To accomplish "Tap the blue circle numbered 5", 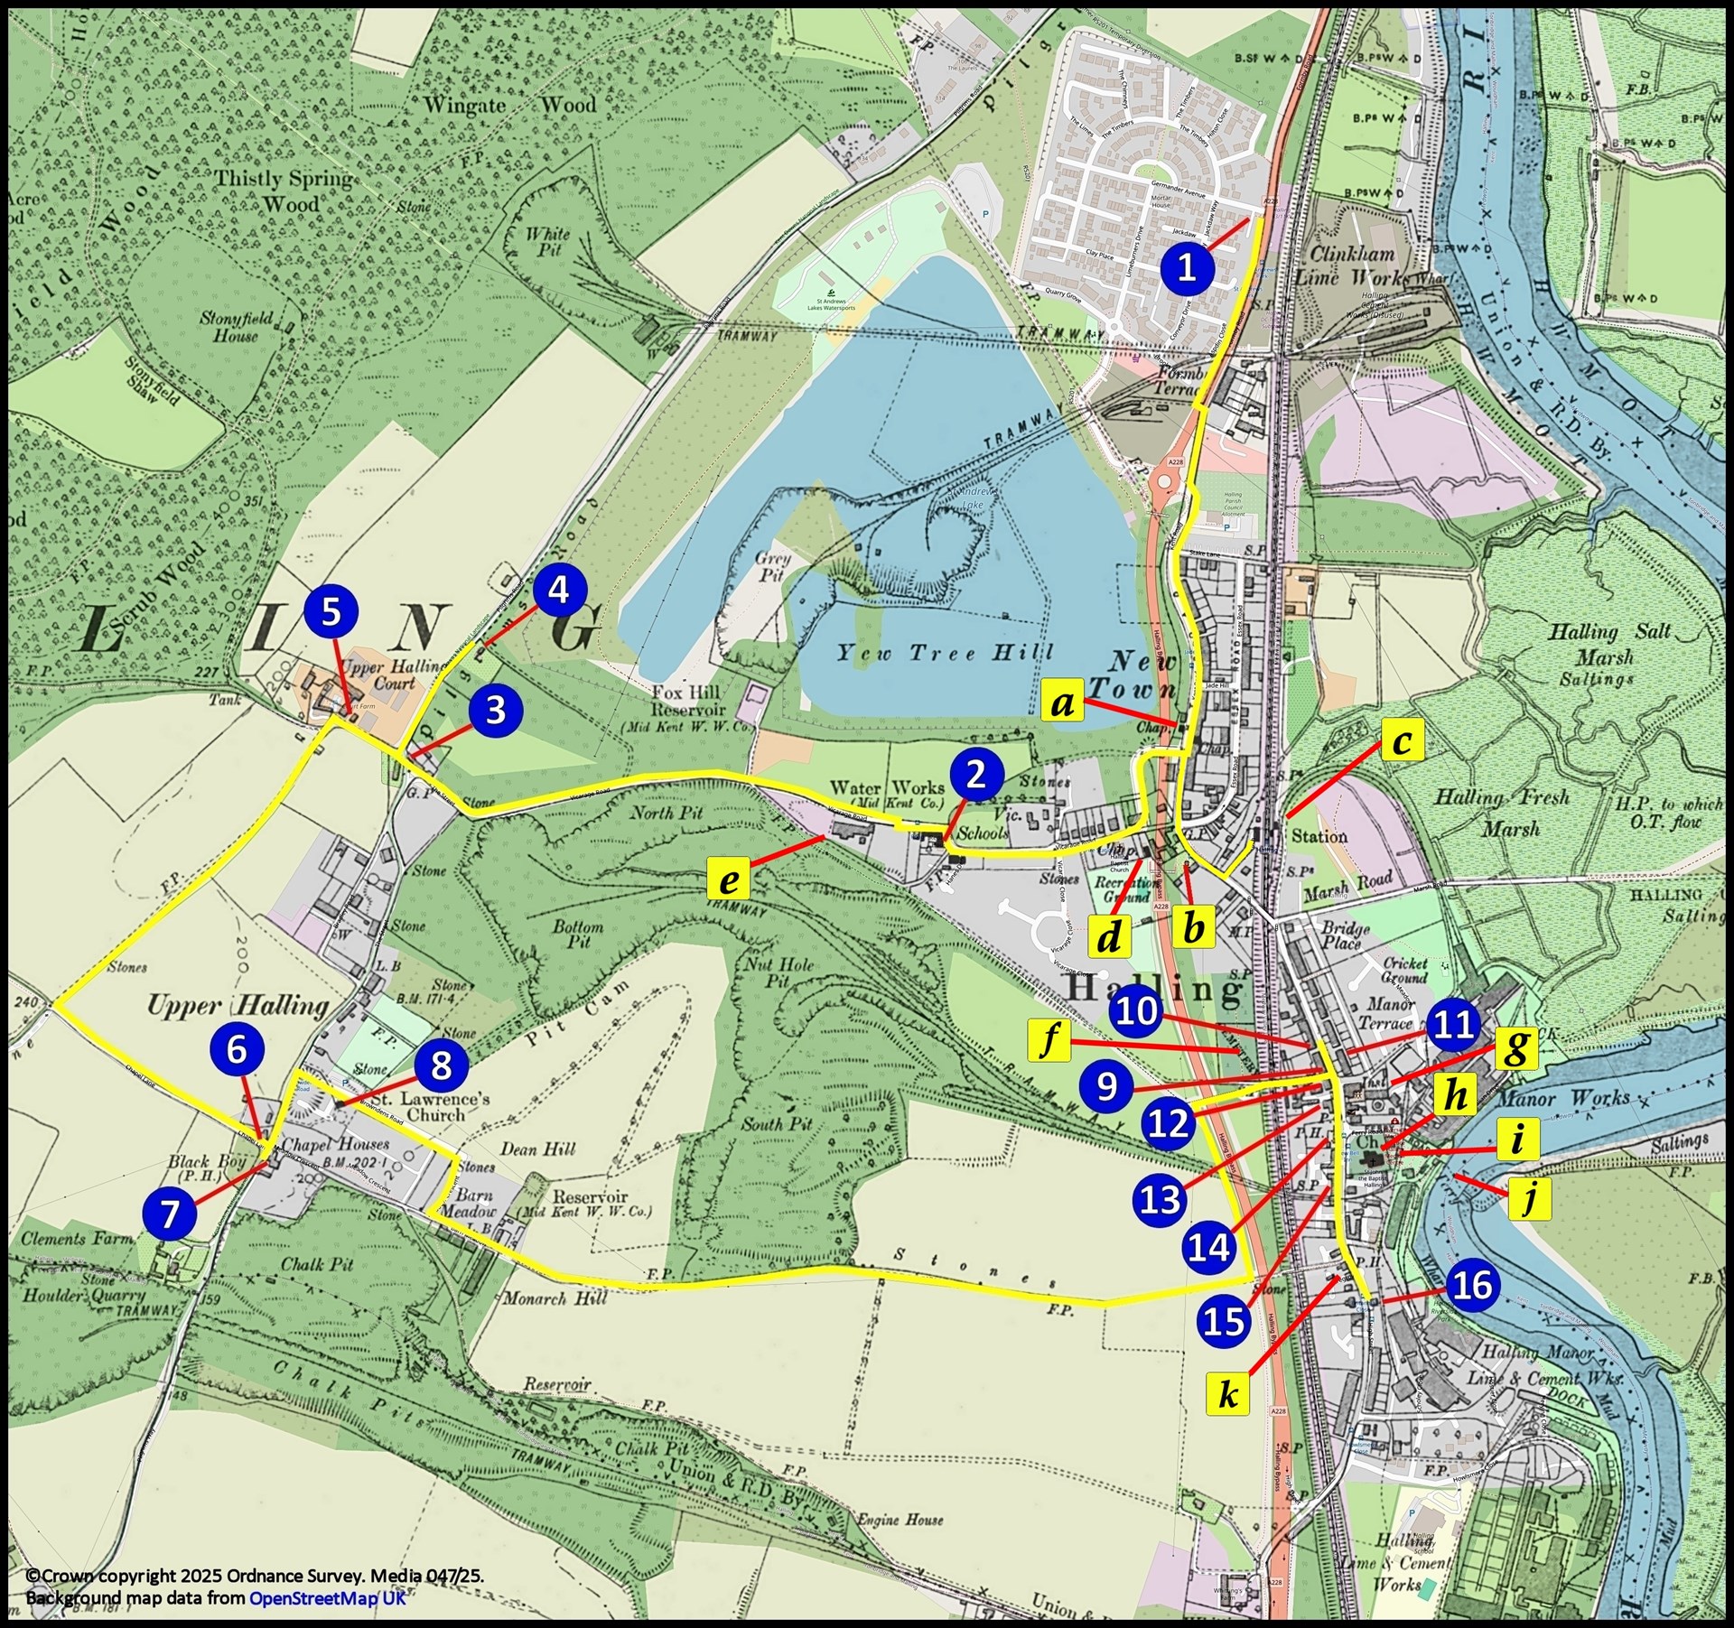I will coord(331,611).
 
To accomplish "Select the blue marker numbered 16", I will coord(1473,1284).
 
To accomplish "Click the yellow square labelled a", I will coord(1063,702).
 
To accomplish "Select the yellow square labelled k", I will coord(1227,1394).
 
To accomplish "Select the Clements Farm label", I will coord(77,1240).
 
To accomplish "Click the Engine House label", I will coord(900,1519).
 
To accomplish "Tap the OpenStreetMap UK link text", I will coord(327,1598).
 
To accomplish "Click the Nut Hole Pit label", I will coord(778,972).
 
